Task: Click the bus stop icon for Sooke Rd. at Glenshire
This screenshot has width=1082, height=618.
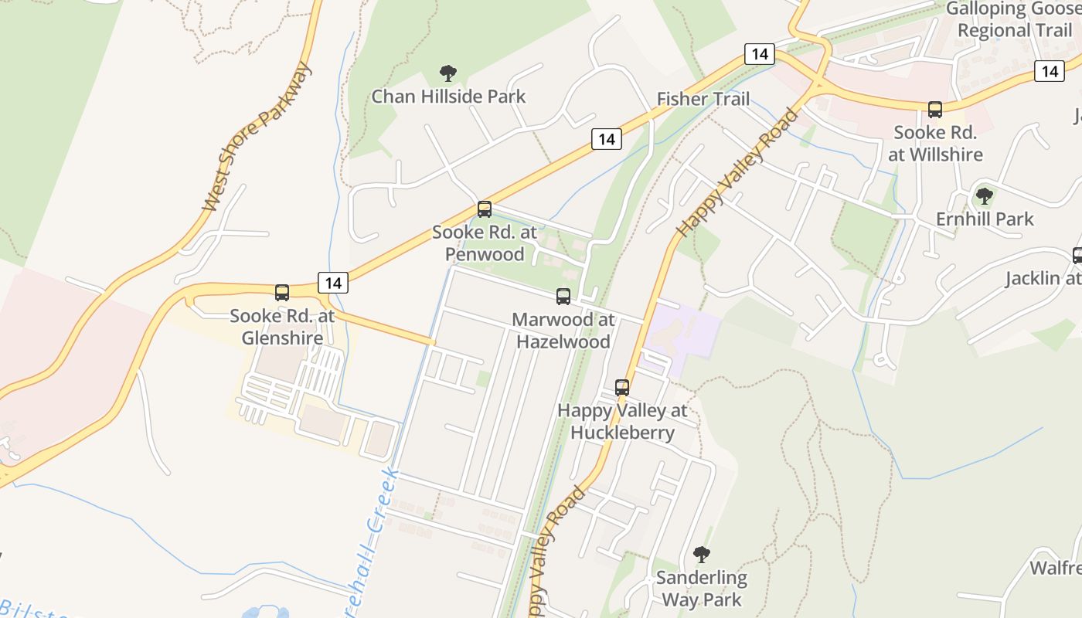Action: pos(282,293)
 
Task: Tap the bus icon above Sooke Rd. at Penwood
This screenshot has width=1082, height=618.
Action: pos(485,209)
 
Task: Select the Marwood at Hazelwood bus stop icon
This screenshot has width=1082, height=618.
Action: pos(563,296)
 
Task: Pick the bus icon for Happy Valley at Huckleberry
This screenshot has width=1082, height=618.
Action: pos(622,387)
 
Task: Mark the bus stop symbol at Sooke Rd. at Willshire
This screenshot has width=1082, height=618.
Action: pos(935,110)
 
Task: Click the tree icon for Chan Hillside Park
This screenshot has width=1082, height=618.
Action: pos(447,74)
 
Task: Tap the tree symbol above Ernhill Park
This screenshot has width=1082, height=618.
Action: pos(984,196)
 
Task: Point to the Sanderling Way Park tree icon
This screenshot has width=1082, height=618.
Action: pos(701,554)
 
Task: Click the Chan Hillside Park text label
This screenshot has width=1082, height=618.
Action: pos(448,97)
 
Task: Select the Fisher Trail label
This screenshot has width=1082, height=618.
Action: pos(703,99)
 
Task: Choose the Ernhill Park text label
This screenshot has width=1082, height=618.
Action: pos(985,219)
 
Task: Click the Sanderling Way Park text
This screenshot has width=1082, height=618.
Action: pos(701,588)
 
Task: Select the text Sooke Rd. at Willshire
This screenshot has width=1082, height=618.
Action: pos(935,143)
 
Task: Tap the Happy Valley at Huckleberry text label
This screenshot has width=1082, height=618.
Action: pos(622,421)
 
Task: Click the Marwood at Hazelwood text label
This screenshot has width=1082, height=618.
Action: pos(563,330)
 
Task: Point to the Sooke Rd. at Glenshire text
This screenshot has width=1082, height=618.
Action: pos(282,327)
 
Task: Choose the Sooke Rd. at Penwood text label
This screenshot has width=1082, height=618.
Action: pos(485,243)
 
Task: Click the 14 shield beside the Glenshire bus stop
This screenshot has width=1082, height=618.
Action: pos(333,283)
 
